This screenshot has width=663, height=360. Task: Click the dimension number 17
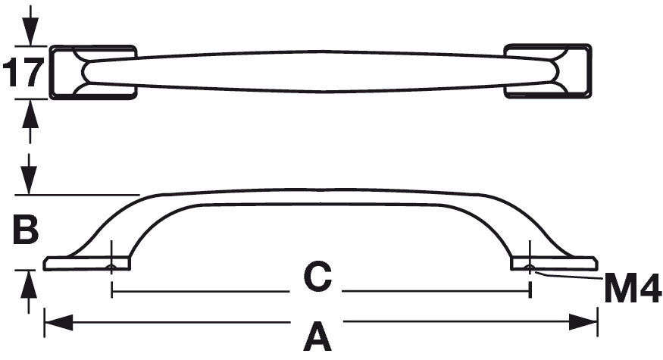[23, 73]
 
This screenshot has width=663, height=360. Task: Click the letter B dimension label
[26, 230]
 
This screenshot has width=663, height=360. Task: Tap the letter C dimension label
[317, 278]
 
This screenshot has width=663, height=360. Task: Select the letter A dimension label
[317, 336]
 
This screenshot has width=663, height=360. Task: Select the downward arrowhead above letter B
[29, 180]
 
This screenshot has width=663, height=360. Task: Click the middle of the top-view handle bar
[318, 72]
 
